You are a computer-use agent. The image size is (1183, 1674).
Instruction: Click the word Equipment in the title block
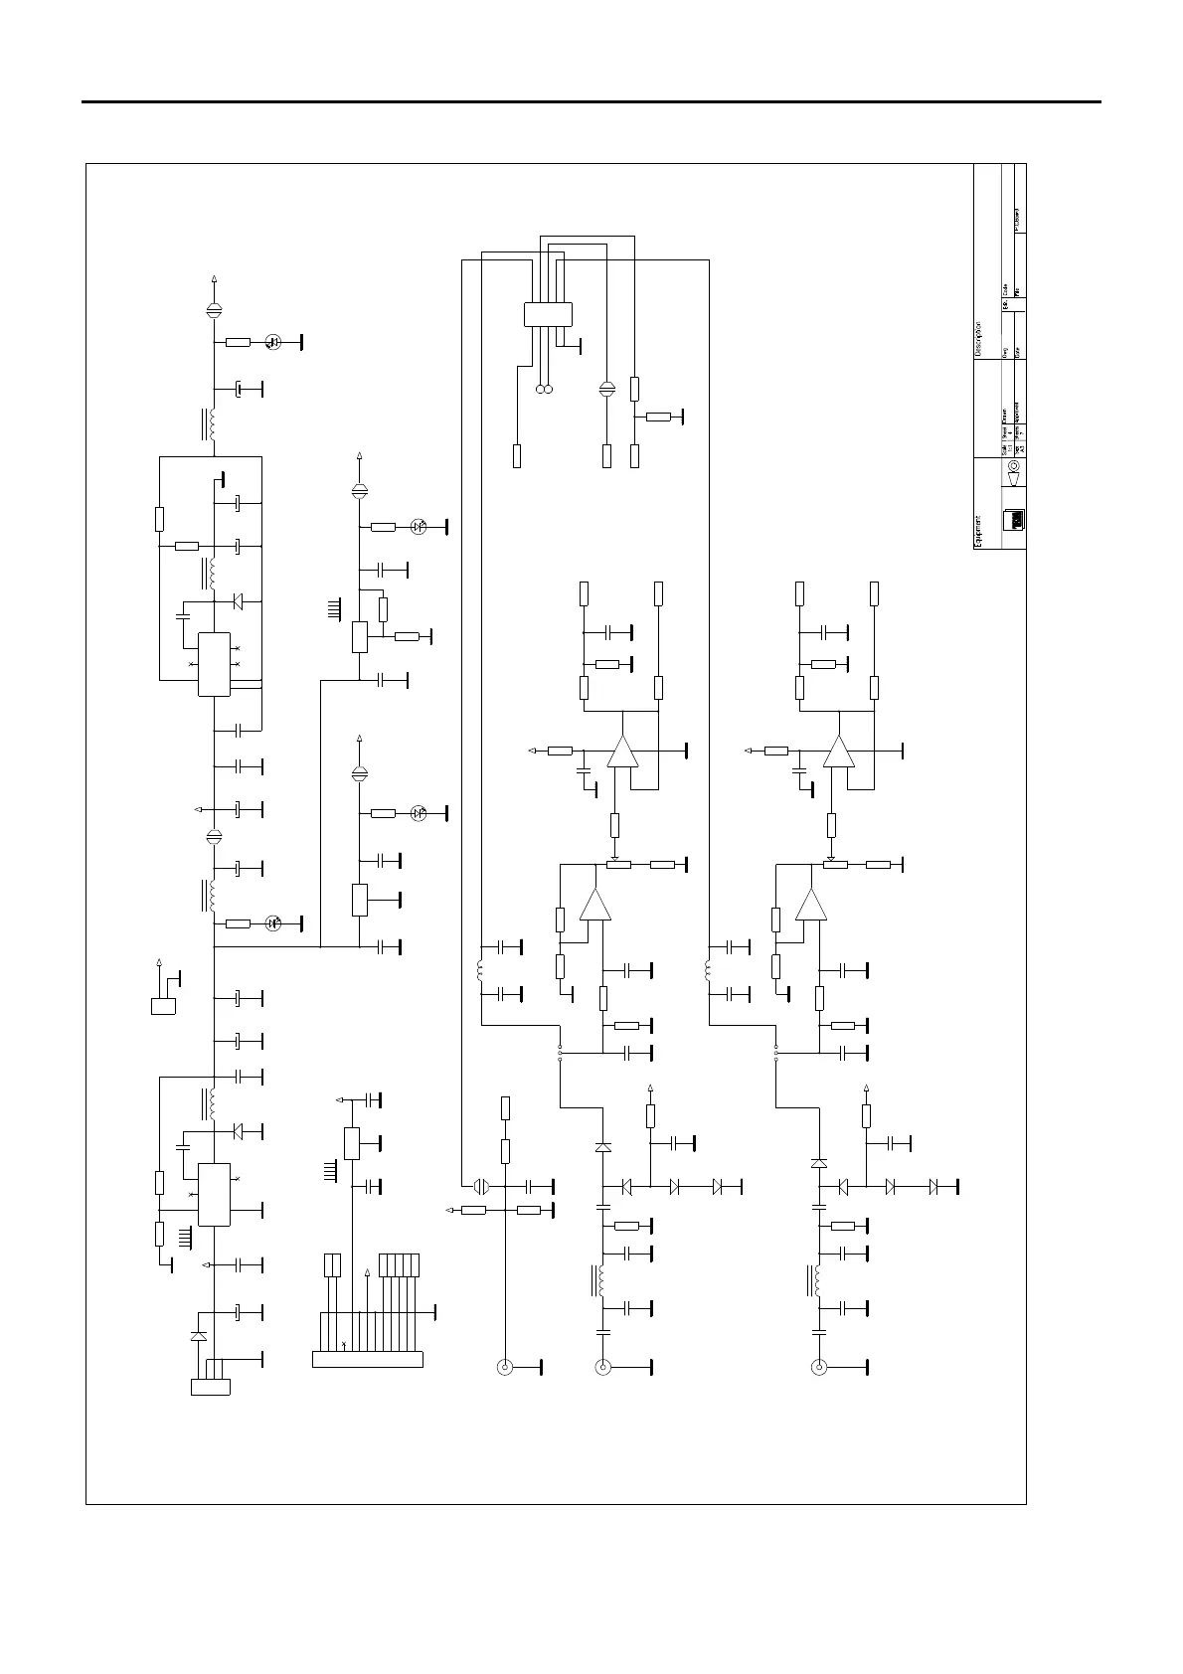pos(978,531)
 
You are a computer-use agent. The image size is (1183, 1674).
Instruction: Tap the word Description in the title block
pos(978,339)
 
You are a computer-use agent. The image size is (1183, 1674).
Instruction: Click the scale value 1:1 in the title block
pos(1009,434)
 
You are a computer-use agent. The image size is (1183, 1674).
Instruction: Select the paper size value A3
pos(1022,447)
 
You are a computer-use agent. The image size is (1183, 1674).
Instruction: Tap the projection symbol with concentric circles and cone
pos(1014,471)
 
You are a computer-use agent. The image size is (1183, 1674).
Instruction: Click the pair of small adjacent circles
pos(544,389)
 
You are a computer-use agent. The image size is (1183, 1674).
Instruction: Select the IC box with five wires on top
pos(548,314)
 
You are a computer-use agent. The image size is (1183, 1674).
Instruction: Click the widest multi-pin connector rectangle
pos(367,1358)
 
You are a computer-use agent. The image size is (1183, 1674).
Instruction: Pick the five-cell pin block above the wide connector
pos(400,1265)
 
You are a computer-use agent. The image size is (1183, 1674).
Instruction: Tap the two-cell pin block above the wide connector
pos(333,1265)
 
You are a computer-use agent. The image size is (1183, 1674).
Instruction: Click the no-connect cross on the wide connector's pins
pos(343,1344)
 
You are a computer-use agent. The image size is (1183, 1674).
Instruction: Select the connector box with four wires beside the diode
pos(210,1387)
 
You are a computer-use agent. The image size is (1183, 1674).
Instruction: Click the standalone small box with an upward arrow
pos(163,1006)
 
